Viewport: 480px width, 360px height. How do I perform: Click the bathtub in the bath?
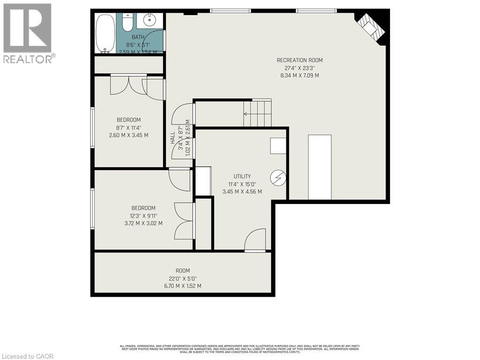coord(105,33)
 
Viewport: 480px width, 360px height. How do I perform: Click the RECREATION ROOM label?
coord(300,60)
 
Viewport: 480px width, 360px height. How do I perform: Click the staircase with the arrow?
coord(257,113)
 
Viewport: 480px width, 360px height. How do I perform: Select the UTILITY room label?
coord(242,176)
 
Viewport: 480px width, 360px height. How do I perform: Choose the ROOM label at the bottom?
coord(183,270)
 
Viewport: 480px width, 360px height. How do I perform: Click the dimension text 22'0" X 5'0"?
coord(183,278)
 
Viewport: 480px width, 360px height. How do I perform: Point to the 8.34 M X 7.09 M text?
coord(300,75)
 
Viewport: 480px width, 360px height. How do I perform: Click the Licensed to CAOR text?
coord(27,356)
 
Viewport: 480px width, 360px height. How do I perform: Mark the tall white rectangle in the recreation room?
coord(320,167)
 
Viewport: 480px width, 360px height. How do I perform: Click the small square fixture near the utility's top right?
coord(278,146)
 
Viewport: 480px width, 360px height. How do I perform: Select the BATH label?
coord(138,37)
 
